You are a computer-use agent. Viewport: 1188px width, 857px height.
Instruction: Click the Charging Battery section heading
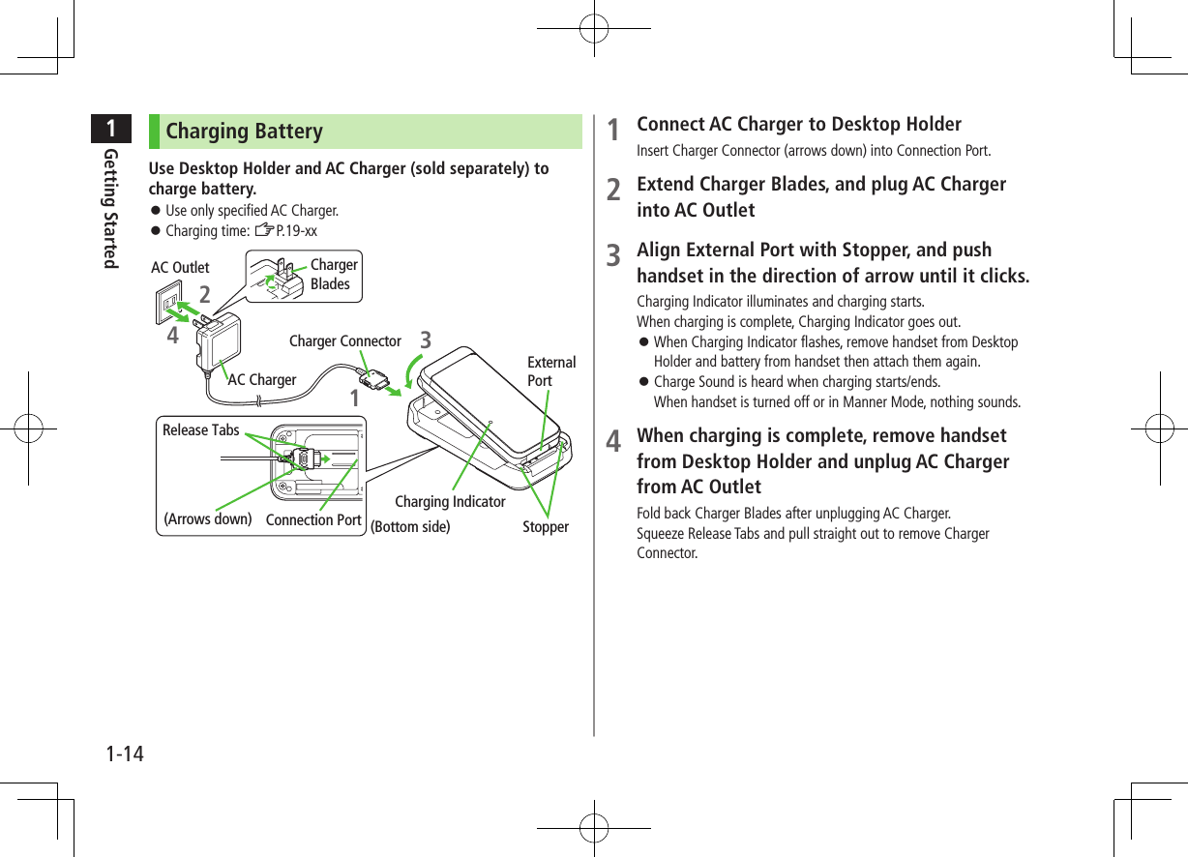click(x=244, y=132)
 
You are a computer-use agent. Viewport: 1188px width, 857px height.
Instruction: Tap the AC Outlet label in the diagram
click(x=180, y=268)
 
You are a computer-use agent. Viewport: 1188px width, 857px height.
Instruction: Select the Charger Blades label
click(x=334, y=275)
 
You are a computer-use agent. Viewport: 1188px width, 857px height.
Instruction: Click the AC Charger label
click(x=262, y=380)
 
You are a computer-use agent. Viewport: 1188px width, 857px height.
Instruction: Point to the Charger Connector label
click(x=344, y=341)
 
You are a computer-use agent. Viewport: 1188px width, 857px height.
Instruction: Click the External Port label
click(x=550, y=371)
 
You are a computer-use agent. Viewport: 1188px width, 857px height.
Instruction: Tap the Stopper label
click(x=546, y=527)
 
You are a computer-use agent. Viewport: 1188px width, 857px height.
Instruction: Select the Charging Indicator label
click(x=450, y=502)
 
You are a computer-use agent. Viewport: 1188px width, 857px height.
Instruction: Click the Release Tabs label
click(x=200, y=430)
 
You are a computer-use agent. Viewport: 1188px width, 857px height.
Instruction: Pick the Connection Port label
click(x=313, y=520)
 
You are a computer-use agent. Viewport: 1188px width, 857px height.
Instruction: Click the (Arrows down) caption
click(x=208, y=518)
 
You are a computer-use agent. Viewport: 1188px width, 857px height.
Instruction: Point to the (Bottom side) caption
click(x=410, y=527)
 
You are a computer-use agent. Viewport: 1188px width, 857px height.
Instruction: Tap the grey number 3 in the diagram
click(x=426, y=341)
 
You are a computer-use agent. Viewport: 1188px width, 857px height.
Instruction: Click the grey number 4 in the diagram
click(x=172, y=337)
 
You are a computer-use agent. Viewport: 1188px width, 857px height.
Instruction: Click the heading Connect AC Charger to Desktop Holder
click(x=798, y=125)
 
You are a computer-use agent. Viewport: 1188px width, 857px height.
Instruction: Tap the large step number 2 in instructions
click(x=613, y=190)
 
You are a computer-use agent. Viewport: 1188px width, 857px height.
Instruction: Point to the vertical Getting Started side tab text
click(x=112, y=209)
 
